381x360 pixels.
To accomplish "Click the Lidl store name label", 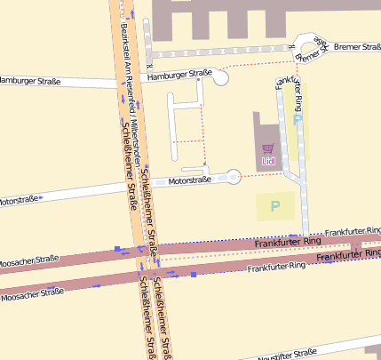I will point(267,161).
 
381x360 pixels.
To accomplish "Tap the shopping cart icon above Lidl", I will point(267,148).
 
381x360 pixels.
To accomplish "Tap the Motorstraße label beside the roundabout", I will point(190,180).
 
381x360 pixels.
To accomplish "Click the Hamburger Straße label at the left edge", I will point(30,82).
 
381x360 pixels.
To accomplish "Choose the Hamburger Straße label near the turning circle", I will point(179,75).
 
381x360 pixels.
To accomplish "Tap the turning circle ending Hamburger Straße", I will point(219,78).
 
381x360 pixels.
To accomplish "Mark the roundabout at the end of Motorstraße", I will point(234,177).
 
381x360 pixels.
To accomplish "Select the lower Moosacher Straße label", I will point(34,293).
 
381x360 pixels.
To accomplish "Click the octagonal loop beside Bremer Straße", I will point(310,49).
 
